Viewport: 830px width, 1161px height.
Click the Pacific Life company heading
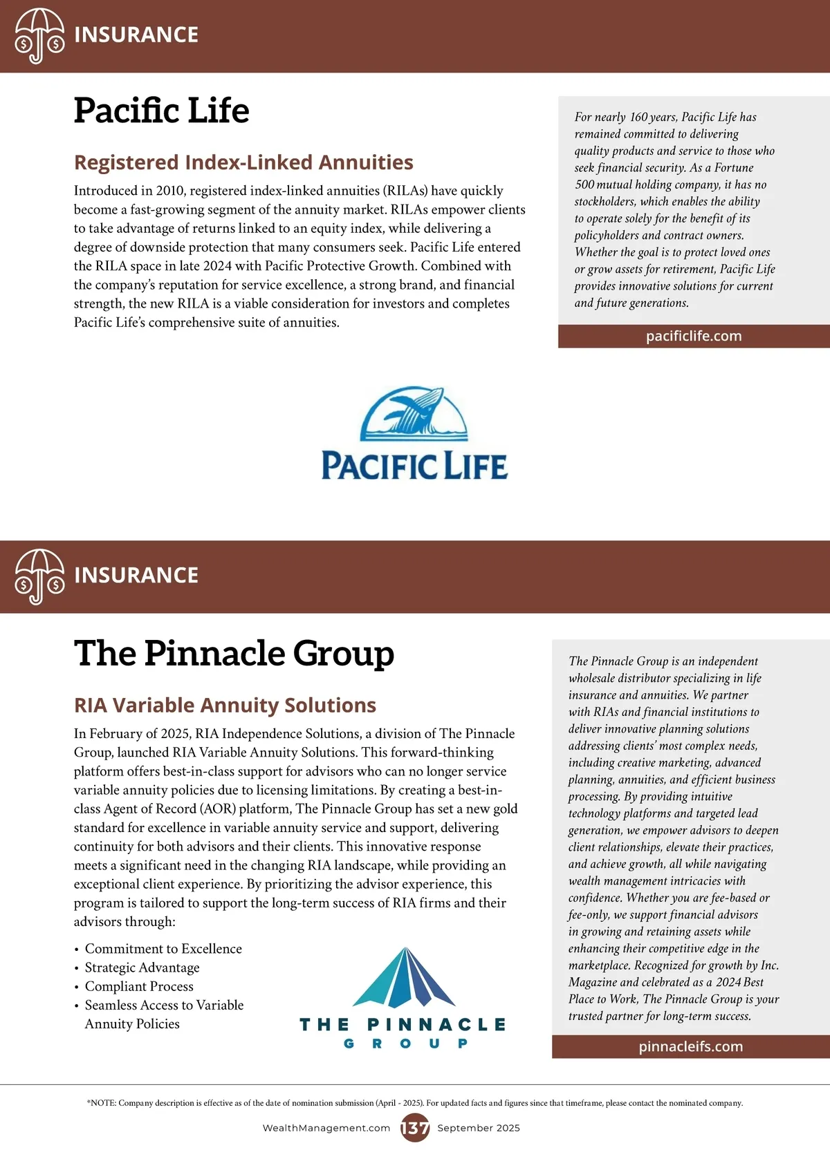161,111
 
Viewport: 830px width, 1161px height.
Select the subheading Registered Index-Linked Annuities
243,162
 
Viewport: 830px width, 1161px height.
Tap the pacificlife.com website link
693,337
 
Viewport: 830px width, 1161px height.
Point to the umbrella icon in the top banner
39,36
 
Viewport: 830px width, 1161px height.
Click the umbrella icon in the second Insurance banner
39,576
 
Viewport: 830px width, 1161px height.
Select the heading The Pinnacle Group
234,653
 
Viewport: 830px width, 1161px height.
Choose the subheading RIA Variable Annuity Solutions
225,705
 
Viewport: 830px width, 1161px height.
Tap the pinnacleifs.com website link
690,1047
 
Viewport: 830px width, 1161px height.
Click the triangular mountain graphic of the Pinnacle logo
404,978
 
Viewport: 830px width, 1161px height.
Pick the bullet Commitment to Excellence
163,949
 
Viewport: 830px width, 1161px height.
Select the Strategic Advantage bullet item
142,967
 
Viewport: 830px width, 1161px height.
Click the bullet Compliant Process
139,986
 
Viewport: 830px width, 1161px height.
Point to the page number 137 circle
415,1128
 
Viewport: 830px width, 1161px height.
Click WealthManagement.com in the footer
326,1128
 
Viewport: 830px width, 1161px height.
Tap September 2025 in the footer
479,1128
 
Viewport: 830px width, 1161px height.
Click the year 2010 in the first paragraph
170,191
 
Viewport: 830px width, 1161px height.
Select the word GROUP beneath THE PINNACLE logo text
405,1044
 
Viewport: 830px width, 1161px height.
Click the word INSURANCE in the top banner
136,35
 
